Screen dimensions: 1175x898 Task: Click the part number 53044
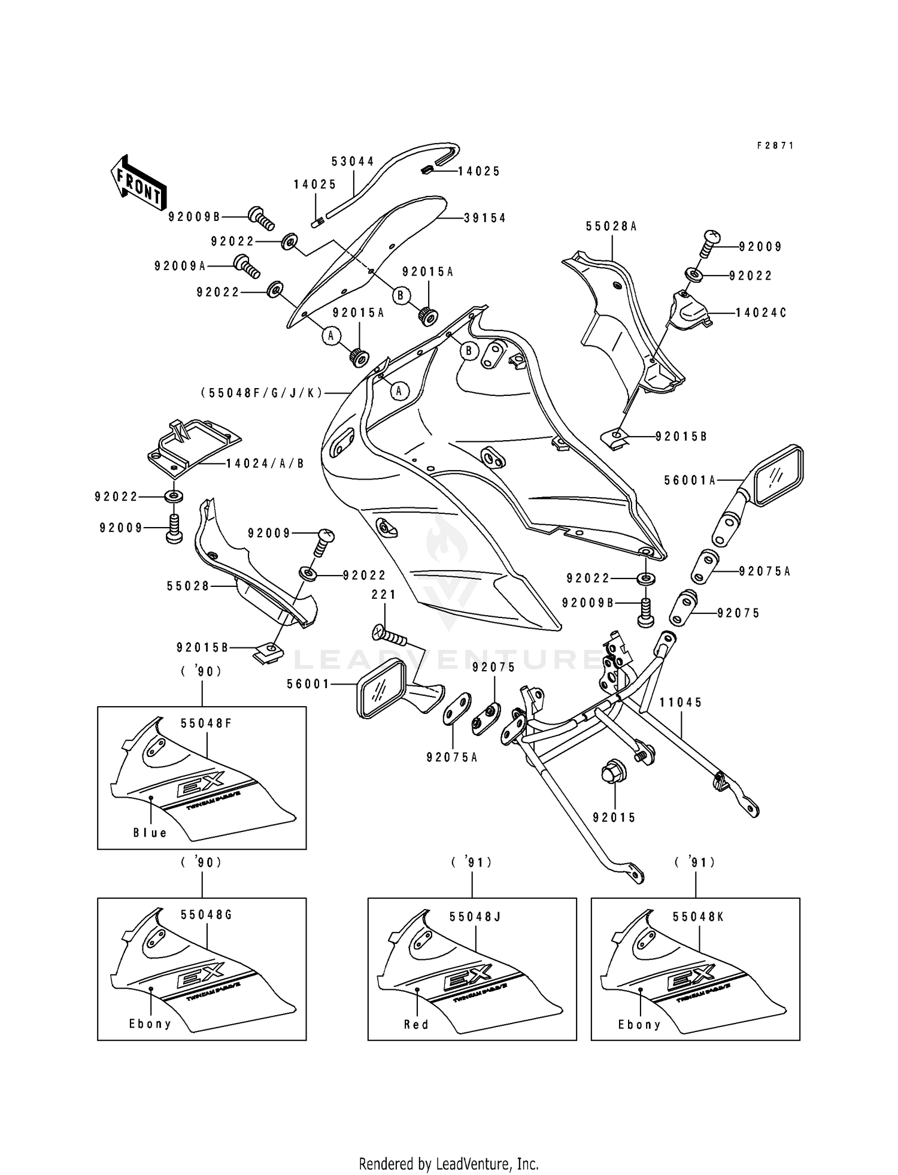[x=353, y=162]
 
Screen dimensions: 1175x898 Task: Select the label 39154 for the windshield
[x=484, y=218]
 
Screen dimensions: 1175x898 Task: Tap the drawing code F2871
[x=775, y=146]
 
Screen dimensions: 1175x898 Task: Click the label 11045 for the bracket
[x=681, y=702]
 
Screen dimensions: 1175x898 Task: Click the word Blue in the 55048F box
[x=150, y=833]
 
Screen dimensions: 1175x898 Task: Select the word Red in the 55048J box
[x=417, y=1025]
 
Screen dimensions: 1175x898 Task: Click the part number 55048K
[x=698, y=917]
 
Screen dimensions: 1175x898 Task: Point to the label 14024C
[x=761, y=313]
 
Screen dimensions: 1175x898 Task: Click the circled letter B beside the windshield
[x=401, y=295]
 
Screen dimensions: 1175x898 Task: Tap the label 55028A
[x=611, y=226]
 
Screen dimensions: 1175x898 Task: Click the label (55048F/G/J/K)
[x=262, y=393]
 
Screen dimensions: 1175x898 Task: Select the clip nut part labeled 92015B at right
[x=613, y=437]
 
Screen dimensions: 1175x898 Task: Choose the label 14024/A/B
[x=265, y=464]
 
